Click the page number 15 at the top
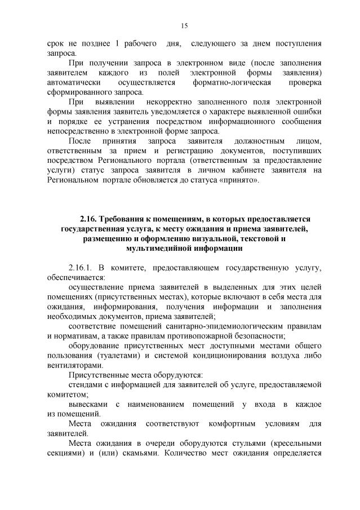pos(184,25)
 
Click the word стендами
pos(84,384)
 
